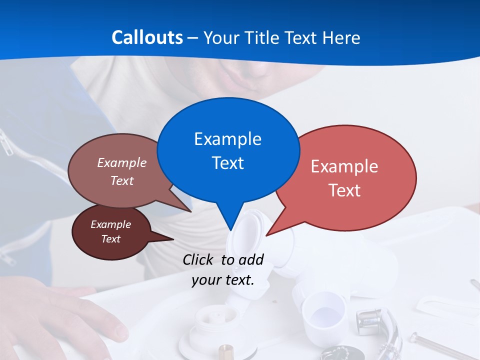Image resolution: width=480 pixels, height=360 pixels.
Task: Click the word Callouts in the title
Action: point(147,37)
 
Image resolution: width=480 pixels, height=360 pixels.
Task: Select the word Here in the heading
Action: point(341,37)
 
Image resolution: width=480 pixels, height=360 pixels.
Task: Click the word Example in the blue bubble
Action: point(227,139)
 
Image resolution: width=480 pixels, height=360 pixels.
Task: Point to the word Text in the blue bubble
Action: point(227,163)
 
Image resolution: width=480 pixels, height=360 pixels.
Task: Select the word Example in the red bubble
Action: point(344,166)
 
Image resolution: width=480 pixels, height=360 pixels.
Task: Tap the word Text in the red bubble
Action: point(344,190)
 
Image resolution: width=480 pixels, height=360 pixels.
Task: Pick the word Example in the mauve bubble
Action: point(122,162)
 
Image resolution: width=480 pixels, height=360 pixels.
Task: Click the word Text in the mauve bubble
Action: point(122,180)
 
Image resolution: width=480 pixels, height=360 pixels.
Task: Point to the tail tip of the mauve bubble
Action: point(190,211)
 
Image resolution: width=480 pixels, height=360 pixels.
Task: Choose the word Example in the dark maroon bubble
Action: point(110,224)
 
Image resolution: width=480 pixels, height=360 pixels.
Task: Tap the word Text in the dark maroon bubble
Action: point(110,239)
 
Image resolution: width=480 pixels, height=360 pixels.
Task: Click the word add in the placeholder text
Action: point(251,259)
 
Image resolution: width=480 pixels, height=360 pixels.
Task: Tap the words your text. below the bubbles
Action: point(222,280)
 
